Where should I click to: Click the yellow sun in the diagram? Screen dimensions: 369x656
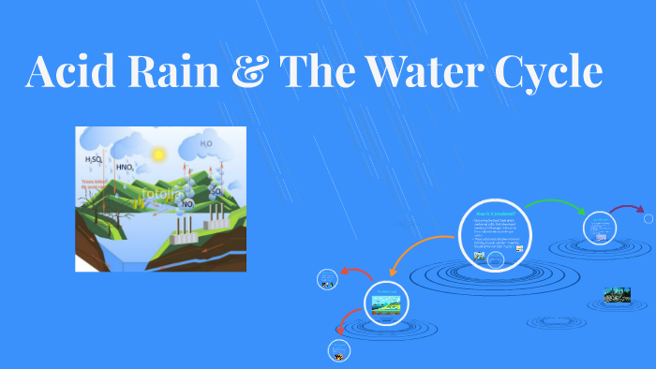tap(158, 153)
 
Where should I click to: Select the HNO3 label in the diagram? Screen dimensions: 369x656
tap(125, 167)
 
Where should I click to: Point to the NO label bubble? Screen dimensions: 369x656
tap(187, 203)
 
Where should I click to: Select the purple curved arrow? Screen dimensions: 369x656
tap(625, 208)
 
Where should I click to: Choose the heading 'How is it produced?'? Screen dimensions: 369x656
tap(497, 214)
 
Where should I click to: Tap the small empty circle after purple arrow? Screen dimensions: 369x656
tap(649, 218)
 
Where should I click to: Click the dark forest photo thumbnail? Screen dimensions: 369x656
tap(617, 295)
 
